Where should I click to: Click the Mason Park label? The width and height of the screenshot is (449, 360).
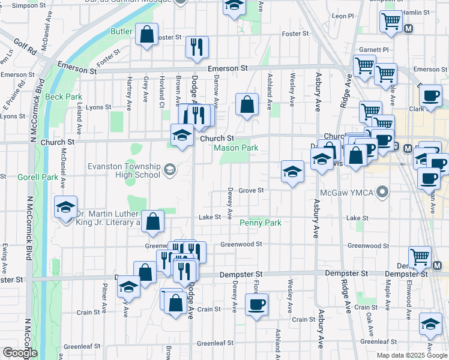(x=237, y=148)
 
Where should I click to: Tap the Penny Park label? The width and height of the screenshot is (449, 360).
(x=261, y=223)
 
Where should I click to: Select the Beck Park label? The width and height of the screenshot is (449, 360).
(x=63, y=97)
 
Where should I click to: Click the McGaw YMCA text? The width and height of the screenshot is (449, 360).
(x=345, y=193)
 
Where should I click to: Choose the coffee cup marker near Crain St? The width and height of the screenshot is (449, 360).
(x=257, y=304)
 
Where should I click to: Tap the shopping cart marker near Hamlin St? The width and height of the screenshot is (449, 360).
(x=391, y=21)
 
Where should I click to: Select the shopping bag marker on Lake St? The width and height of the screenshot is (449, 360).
(x=154, y=221)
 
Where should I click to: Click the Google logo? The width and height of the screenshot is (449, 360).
(x=20, y=353)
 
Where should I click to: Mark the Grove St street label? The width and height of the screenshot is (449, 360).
(x=251, y=190)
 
